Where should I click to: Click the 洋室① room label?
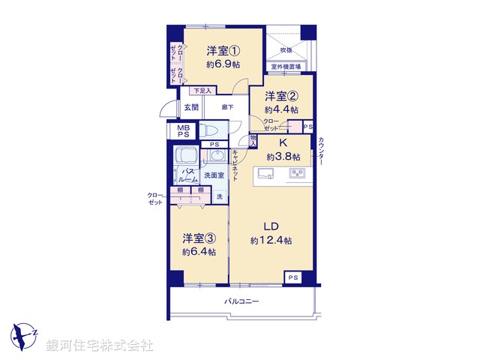pos(223,51)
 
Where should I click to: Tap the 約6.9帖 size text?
pos(223,64)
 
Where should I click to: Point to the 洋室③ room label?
pos(199,238)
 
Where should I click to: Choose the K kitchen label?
pos(283,142)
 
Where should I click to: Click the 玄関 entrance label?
pos(191,107)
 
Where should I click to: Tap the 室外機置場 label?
pos(286,67)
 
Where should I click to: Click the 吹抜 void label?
pos(286,50)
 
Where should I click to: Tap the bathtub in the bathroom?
pos(185,158)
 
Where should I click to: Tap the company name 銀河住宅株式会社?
pos(100,346)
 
